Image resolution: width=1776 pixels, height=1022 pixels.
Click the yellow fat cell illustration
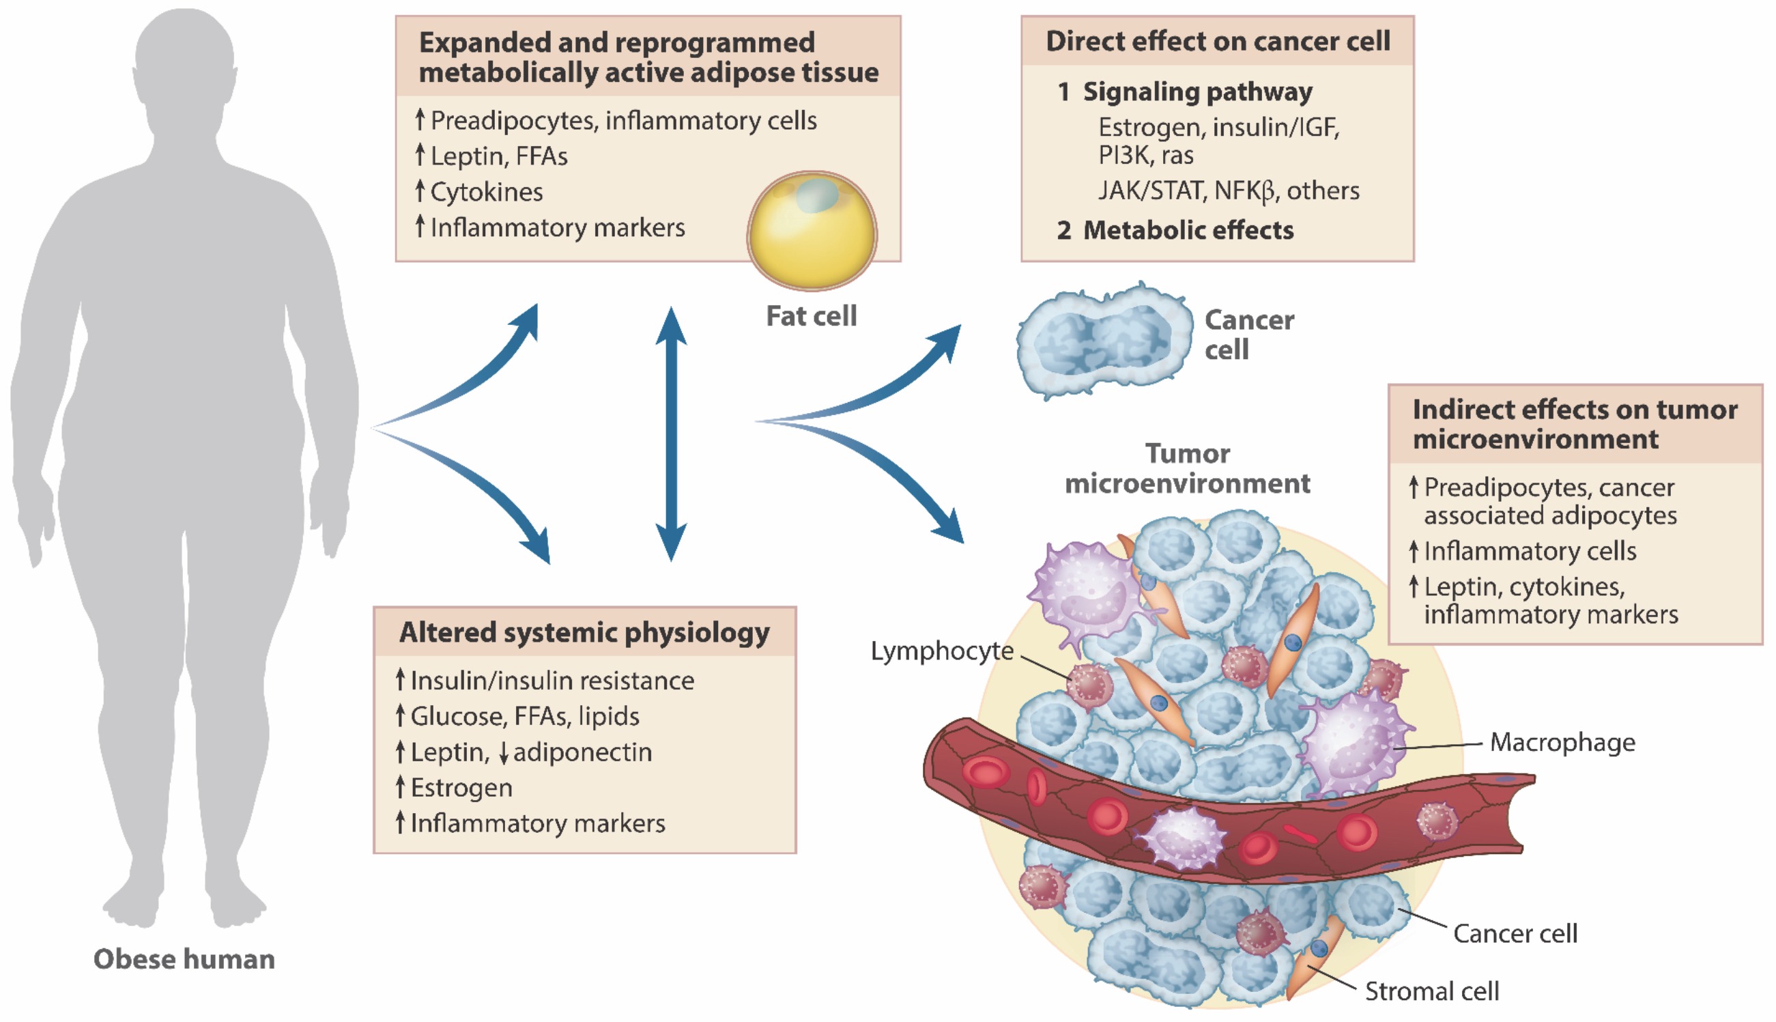point(811,231)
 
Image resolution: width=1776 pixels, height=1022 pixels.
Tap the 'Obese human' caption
point(184,959)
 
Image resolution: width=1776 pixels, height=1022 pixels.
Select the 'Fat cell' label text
point(811,316)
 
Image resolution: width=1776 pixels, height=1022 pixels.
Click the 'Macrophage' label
point(1562,742)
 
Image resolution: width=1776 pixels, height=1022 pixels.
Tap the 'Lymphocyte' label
point(942,651)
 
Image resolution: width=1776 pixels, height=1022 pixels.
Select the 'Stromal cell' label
point(1431,991)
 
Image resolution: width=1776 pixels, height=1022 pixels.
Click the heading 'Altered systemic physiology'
point(584,632)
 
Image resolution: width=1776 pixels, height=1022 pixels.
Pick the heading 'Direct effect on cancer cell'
point(1218,42)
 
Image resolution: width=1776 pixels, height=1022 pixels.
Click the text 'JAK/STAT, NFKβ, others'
point(1228,191)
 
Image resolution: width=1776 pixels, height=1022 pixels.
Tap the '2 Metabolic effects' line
point(1175,230)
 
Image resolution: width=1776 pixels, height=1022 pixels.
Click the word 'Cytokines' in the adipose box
point(486,192)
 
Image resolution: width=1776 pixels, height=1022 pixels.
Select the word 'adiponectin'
point(582,752)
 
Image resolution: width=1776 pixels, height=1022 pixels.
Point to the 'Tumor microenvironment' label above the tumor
point(1187,468)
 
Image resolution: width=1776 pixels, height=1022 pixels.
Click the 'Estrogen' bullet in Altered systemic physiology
point(461,788)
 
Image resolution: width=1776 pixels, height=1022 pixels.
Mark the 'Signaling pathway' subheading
point(1197,92)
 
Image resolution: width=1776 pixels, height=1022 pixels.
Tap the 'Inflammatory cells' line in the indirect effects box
point(1530,551)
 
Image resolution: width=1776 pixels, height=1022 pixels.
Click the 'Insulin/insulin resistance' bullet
point(552,680)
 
